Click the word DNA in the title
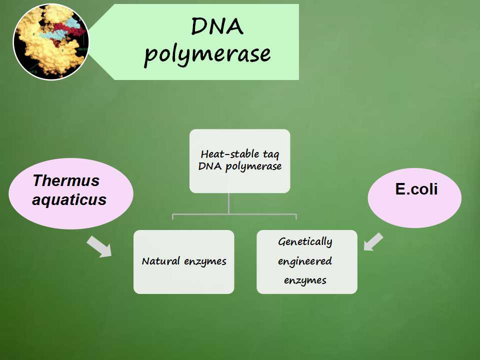217,26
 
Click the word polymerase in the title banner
207,54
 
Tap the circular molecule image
51,41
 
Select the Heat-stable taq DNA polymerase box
239,161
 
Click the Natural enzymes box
184,261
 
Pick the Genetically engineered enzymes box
307,261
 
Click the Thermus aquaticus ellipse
71,193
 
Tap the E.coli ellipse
415,198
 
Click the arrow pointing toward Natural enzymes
99,246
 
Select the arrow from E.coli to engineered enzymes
373,242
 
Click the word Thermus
66,180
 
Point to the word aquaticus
69,200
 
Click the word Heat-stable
225,153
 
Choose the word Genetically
305,242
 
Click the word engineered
305,261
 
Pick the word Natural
160,261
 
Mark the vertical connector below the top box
228,203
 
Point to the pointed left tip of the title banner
89,41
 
